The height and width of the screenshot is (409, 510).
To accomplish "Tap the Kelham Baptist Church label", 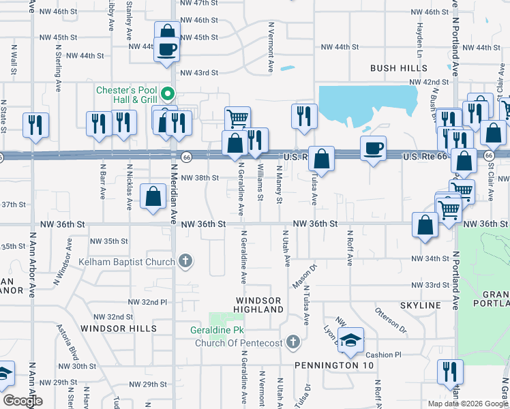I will pyautogui.click(x=127, y=260).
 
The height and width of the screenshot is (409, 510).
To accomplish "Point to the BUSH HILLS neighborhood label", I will pyautogui.click(x=399, y=68).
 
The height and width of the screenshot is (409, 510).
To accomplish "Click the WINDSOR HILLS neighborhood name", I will pyautogui.click(x=119, y=328).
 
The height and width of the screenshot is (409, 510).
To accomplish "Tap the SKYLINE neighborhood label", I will pyautogui.click(x=422, y=305).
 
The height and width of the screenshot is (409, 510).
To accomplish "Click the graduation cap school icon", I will pyautogui.click(x=350, y=340).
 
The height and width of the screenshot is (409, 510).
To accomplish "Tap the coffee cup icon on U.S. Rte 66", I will pyautogui.click(x=372, y=148).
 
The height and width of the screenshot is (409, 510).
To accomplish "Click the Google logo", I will pyautogui.click(x=22, y=401).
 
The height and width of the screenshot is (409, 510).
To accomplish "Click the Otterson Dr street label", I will pyautogui.click(x=390, y=320).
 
